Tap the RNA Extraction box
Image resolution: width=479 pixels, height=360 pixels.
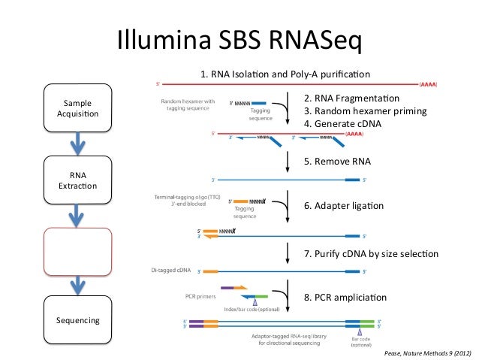coord(78,180)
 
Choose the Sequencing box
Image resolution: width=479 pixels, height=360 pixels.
coord(78,320)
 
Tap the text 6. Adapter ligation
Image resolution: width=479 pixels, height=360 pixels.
coord(343,206)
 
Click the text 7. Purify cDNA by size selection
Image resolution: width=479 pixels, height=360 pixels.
coord(371,254)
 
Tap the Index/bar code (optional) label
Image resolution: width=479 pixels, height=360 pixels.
coord(253,310)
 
